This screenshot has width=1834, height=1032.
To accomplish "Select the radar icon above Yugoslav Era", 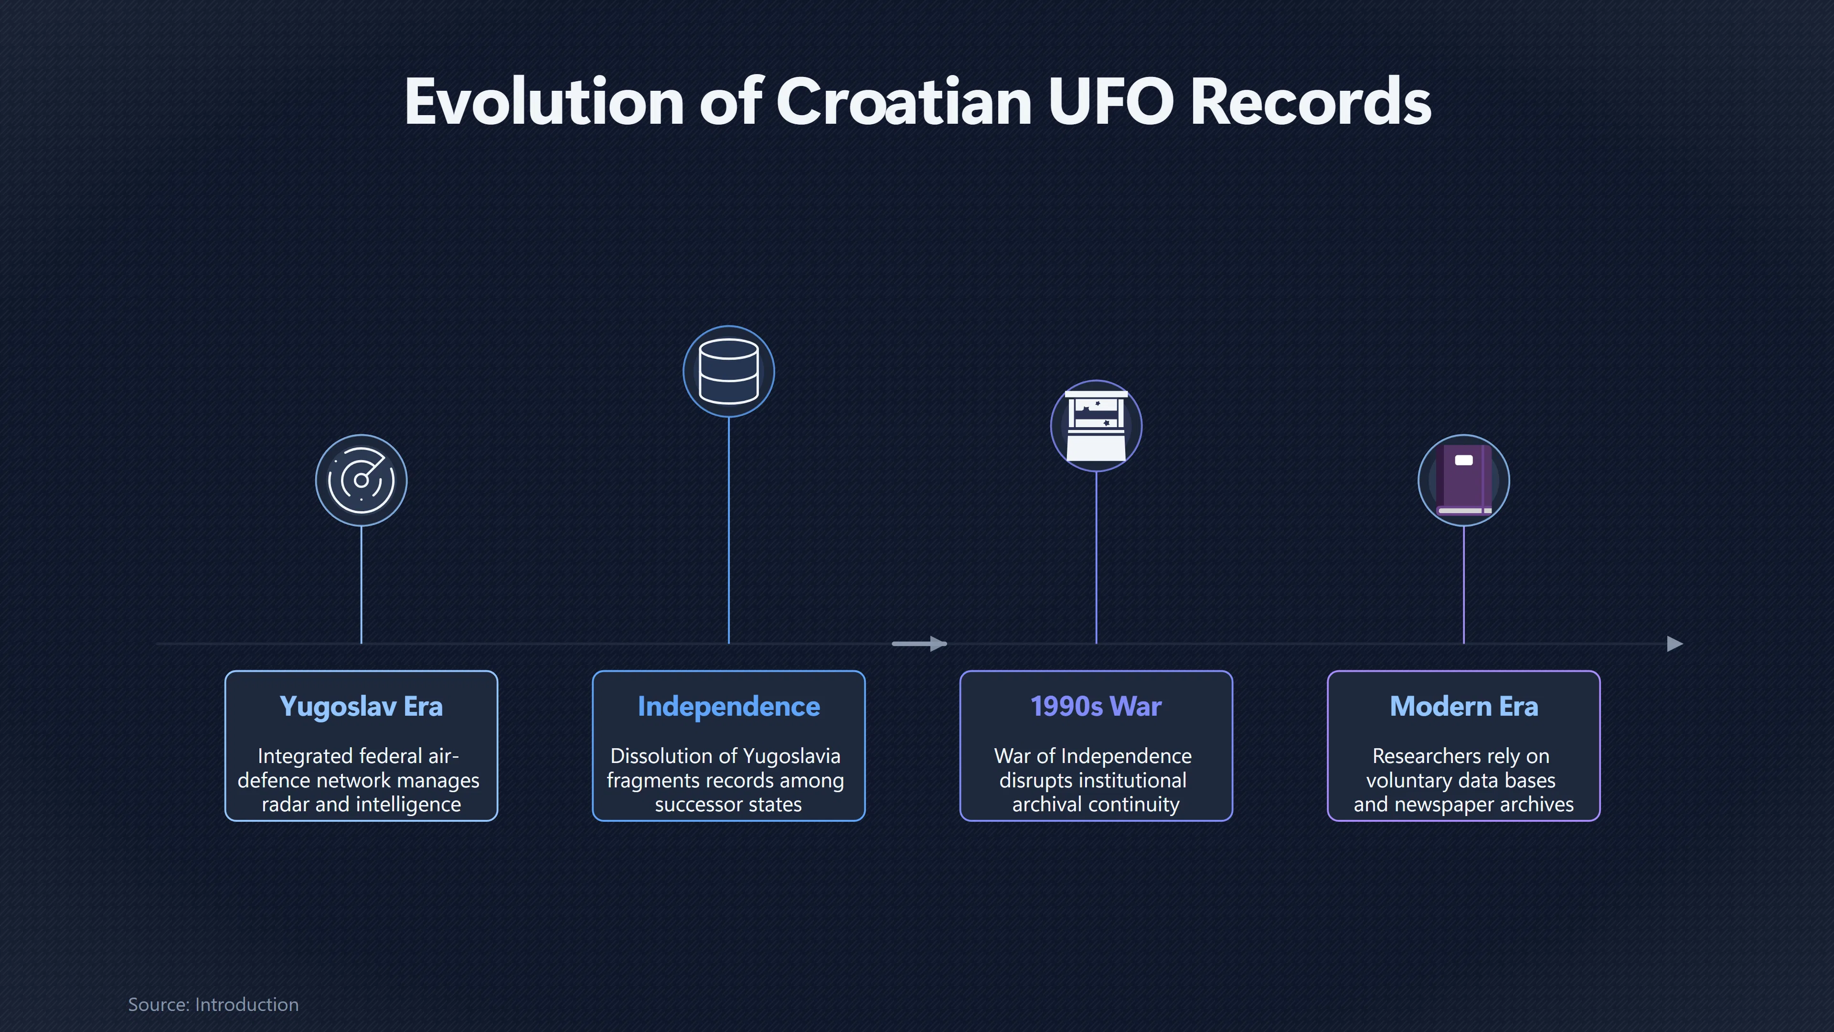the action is point(361,480).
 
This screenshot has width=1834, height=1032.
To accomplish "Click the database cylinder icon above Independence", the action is point(728,371).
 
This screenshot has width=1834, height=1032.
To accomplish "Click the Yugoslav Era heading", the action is point(361,707).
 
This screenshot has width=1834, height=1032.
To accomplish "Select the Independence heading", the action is point(728,707).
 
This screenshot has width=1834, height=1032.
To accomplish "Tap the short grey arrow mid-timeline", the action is point(919,644).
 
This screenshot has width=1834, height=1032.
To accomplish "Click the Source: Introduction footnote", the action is point(213,1004).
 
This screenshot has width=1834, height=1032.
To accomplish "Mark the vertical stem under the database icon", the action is point(728,531).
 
